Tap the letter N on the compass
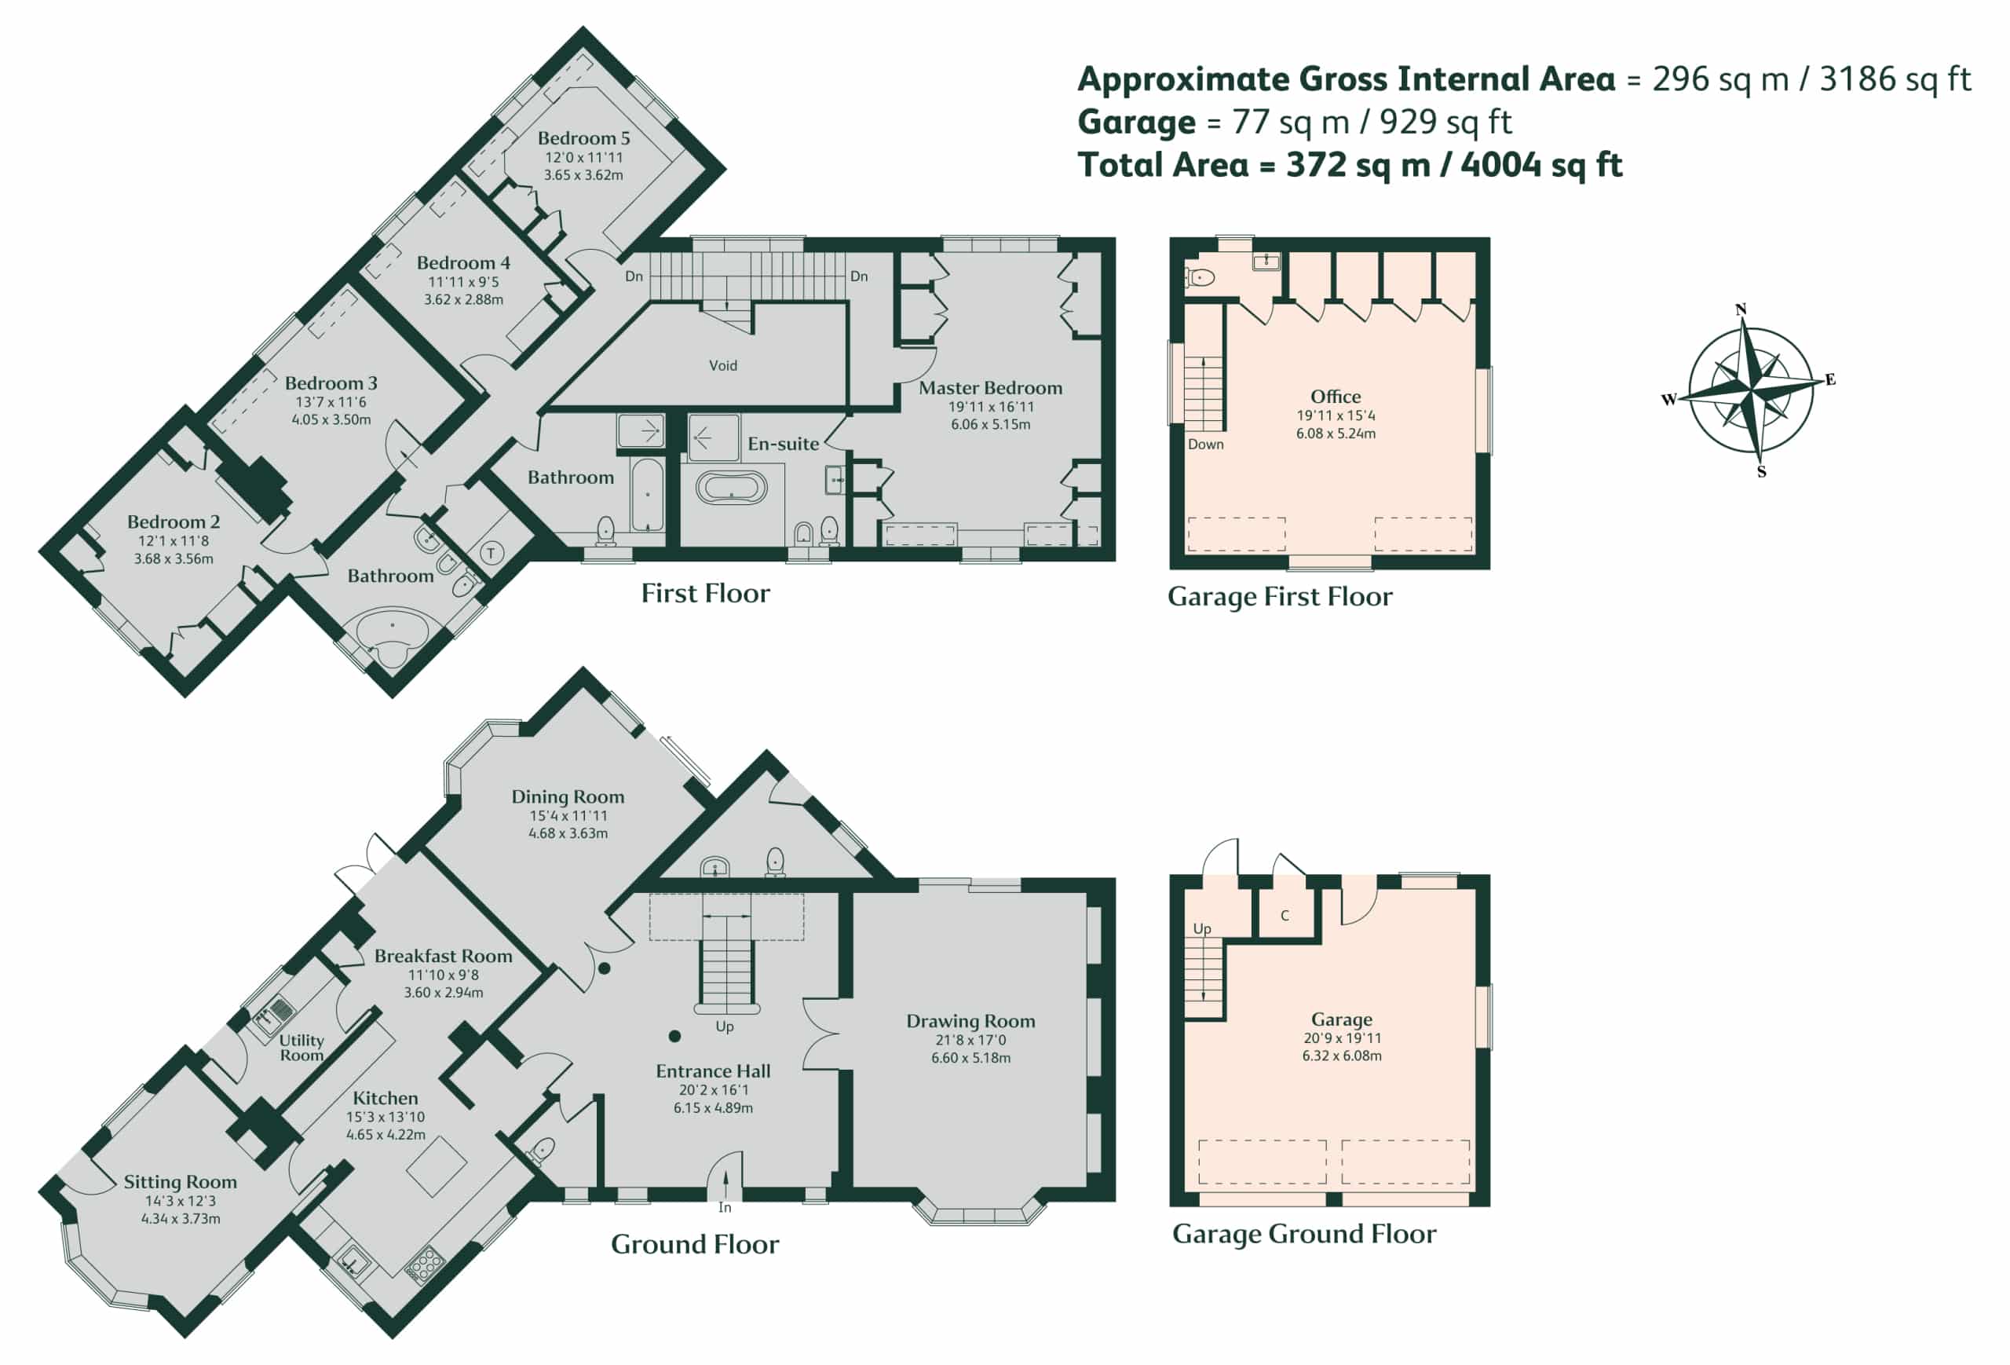[x=1740, y=309]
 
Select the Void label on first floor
[x=723, y=366]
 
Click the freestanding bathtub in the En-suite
[x=731, y=488]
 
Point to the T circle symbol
[x=492, y=553]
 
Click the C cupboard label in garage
[x=1285, y=915]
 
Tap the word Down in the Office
[x=1206, y=445]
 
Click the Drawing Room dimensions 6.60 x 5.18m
[x=970, y=1058]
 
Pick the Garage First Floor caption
[x=1280, y=597]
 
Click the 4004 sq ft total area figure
[x=1541, y=164]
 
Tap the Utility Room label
[x=301, y=1048]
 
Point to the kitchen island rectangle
[x=437, y=1166]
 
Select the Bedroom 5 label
[x=584, y=138]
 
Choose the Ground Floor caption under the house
[x=695, y=1245]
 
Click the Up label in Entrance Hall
[x=725, y=1026]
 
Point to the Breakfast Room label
[x=443, y=956]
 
